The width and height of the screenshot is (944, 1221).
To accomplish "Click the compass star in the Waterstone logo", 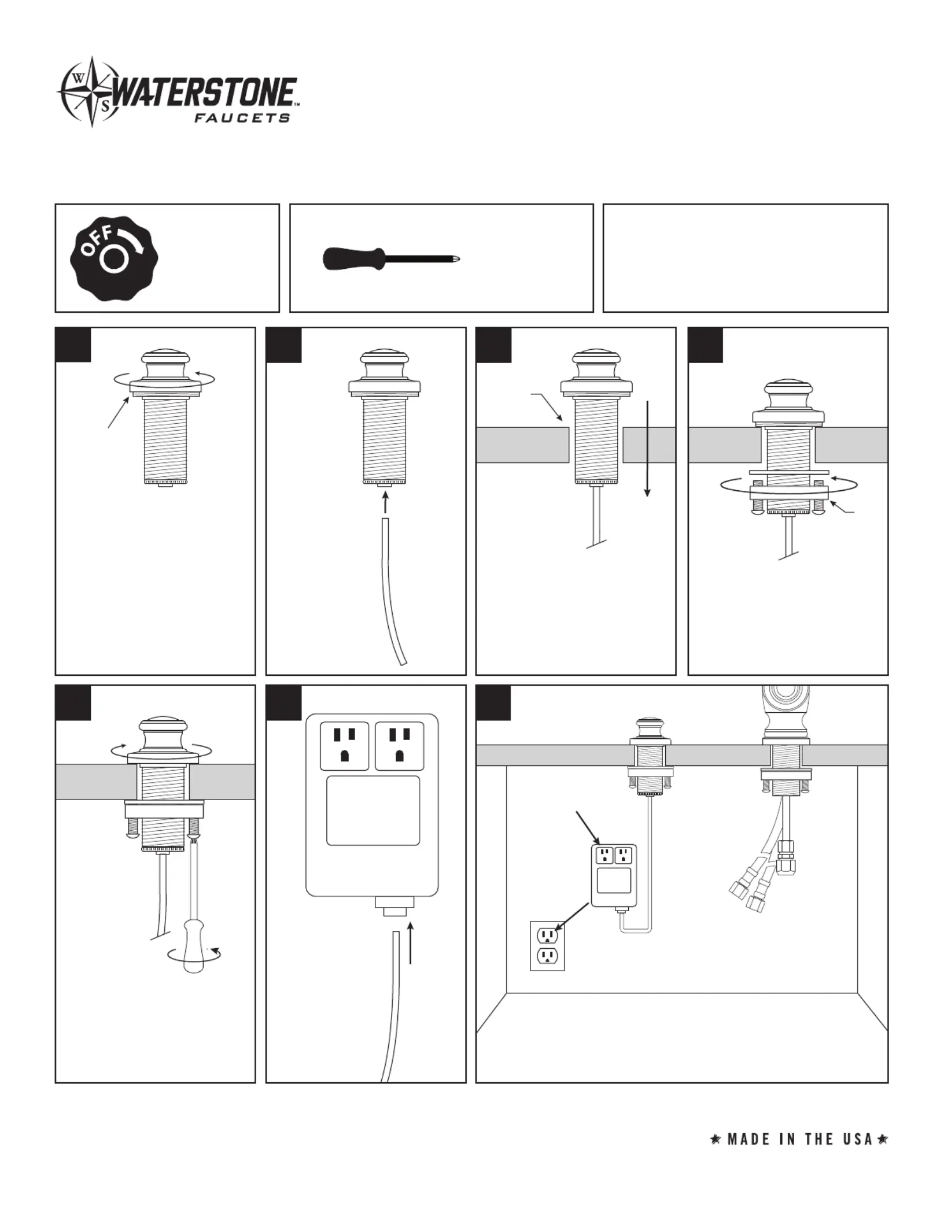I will pos(91,91).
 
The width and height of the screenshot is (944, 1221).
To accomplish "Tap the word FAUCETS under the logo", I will pos(241,118).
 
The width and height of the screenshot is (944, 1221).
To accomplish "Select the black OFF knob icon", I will pos(114,258).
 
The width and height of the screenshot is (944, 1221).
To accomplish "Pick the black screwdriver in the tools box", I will pos(391,258).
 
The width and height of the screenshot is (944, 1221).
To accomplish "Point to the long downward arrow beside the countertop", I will pos(647,448).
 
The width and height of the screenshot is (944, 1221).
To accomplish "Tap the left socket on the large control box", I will pos(344,746).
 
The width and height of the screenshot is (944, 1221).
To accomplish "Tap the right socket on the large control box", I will pos(399,746).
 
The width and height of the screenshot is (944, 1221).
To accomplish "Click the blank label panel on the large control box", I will pos(373,810).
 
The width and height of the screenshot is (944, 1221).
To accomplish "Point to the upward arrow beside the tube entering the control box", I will pos(411,943).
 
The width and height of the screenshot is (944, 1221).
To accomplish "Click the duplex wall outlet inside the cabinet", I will pos(547,946).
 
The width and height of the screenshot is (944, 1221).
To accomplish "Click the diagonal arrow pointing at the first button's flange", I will pos(118,412).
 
